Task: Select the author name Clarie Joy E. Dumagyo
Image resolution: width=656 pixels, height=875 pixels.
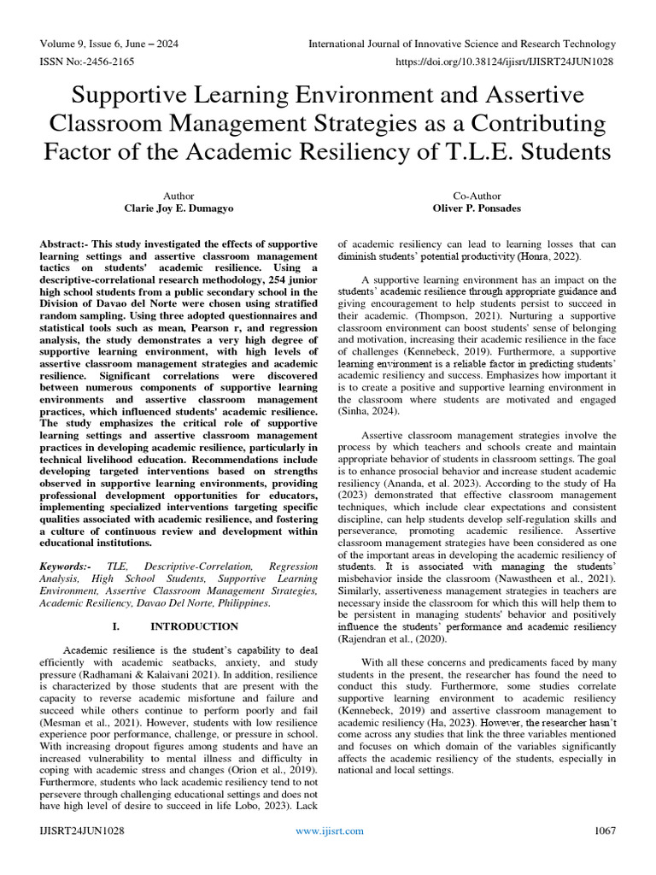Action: coord(179,208)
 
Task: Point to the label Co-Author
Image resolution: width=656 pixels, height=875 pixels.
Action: coord(477,196)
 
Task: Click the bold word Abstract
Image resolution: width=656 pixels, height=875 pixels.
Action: coord(64,244)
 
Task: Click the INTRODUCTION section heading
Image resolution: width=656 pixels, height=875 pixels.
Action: coord(194,626)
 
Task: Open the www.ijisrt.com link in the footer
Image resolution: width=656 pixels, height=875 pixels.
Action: coord(329,831)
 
